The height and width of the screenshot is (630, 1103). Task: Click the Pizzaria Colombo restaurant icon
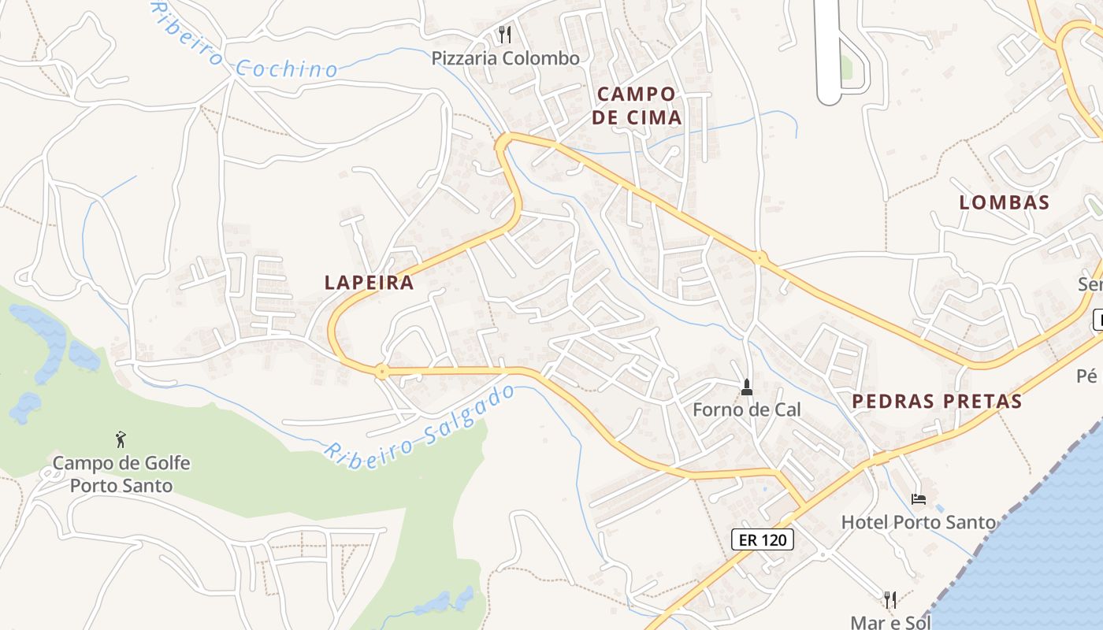pos(505,35)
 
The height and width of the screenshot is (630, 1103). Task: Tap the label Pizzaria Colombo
pos(505,58)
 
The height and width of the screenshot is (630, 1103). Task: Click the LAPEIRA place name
pos(369,282)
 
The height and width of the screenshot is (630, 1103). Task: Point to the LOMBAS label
pos(1004,202)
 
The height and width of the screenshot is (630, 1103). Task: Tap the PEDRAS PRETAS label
pos(937,402)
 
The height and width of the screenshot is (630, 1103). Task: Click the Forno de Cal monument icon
pos(746,387)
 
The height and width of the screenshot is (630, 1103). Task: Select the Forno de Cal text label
pos(746,409)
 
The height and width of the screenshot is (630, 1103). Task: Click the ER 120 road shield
pos(762,539)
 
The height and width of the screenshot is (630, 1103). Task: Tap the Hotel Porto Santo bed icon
pos(918,498)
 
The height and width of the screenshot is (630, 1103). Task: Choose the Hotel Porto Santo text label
pos(918,521)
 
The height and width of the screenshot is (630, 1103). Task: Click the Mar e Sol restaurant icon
pos(890,600)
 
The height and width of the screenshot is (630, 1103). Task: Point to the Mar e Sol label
pos(890,622)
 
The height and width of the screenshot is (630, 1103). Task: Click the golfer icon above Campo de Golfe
pos(121,439)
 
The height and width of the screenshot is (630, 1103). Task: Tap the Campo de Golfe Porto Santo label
pos(121,474)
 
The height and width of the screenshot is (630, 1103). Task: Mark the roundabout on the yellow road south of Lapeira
pos(382,371)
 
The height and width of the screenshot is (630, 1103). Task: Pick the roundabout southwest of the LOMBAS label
pos(759,257)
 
